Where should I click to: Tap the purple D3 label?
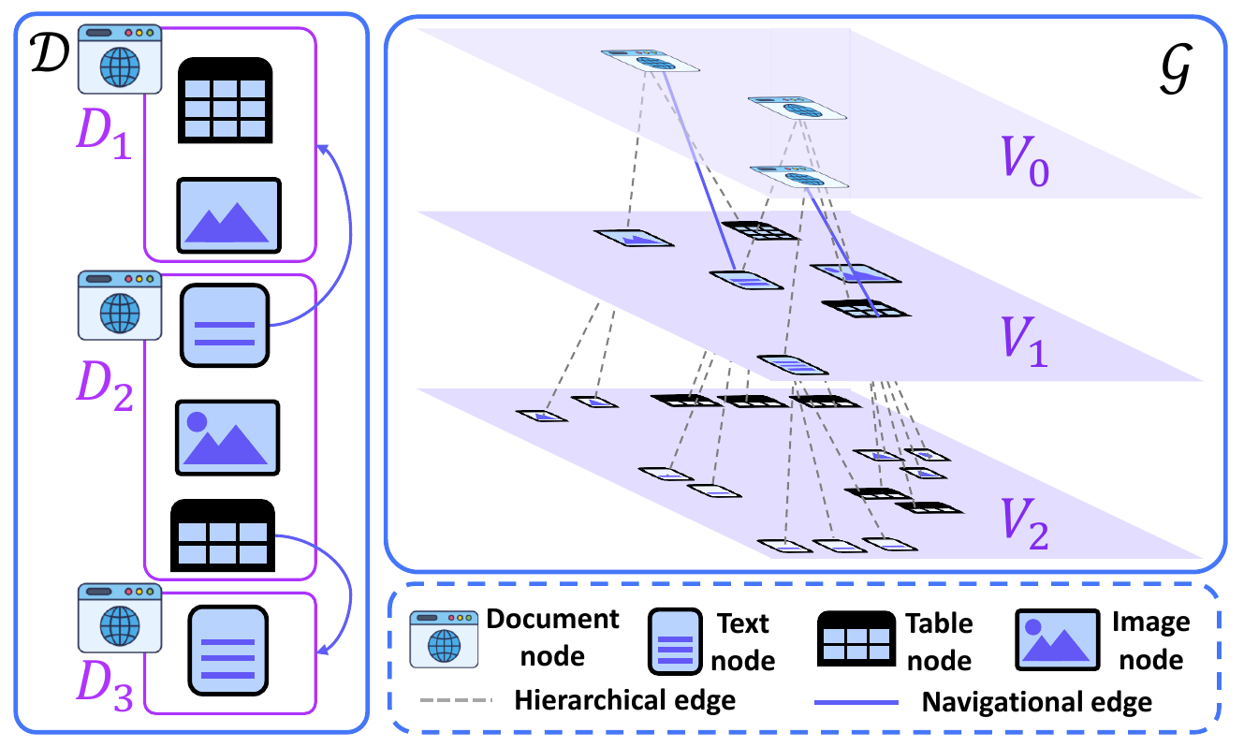[x=105, y=692]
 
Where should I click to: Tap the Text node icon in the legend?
[x=675, y=641]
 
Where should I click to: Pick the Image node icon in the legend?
[x=1058, y=641]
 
